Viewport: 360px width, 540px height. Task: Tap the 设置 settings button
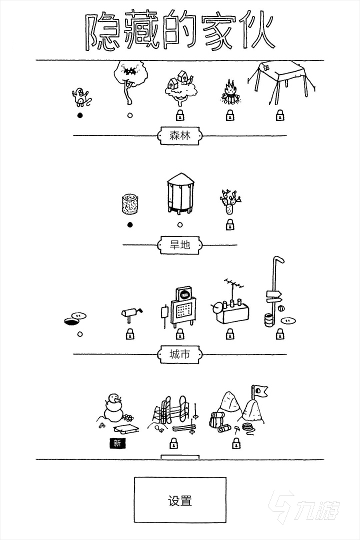pos(180,499)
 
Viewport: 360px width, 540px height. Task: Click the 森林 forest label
pos(180,135)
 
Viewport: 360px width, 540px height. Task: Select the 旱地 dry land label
pos(180,245)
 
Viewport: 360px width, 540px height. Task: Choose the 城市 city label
pos(180,354)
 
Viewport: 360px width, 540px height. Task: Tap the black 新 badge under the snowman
pos(117,443)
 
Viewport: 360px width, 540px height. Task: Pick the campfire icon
pos(230,92)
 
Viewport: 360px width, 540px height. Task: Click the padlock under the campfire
pos(230,115)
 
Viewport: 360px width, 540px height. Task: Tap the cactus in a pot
pos(230,201)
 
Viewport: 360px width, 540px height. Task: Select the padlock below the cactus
pos(230,224)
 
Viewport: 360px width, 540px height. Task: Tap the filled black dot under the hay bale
pos(130,225)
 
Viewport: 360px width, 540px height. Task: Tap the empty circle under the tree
pos(130,115)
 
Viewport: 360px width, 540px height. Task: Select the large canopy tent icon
pos(281,82)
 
